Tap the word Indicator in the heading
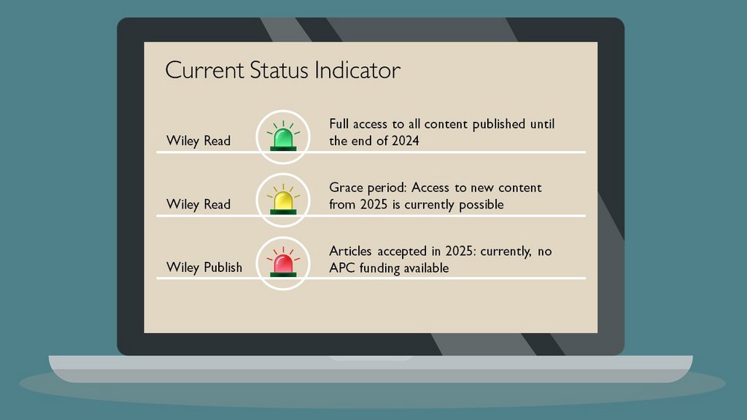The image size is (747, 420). click(358, 71)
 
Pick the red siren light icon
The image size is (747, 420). click(283, 264)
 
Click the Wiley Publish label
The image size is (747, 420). click(204, 267)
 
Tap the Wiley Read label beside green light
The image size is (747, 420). click(198, 141)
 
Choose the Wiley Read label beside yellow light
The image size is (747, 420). click(198, 204)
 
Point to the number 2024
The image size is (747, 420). click(403, 141)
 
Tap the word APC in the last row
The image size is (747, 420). click(342, 268)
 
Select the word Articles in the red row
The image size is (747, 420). click(350, 252)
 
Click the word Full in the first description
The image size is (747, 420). click(340, 124)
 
